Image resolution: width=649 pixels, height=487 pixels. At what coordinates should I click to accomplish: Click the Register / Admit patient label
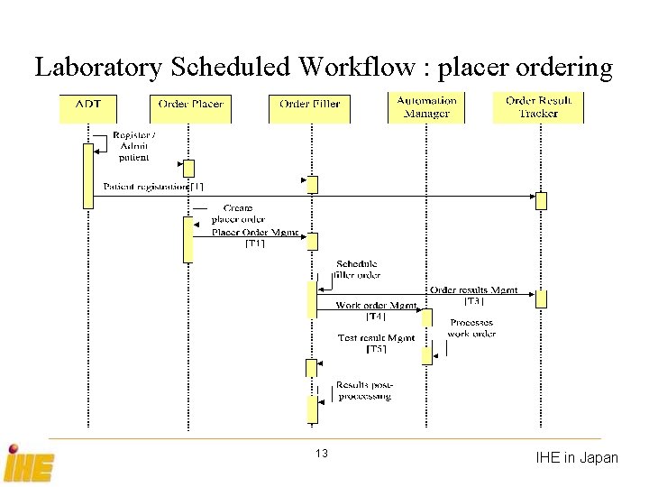133,145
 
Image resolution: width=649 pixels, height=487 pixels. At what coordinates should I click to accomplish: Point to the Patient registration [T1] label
153,187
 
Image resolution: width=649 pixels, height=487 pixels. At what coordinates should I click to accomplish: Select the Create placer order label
238,213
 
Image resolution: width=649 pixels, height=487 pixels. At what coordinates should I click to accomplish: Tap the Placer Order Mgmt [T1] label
255,237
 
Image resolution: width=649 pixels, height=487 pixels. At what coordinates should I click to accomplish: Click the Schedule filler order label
357,270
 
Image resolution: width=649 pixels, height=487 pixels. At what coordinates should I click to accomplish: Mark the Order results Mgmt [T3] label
473,295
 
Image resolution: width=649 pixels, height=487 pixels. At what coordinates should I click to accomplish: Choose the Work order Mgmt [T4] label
376,310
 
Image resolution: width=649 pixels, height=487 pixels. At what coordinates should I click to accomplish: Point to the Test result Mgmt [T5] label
376,343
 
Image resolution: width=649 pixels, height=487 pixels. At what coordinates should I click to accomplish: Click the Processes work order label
471,328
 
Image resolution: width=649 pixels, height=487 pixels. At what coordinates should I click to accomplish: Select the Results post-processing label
364,391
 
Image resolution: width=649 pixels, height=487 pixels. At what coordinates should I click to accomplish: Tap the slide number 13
322,454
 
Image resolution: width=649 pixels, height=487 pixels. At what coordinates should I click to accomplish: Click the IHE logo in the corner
29,464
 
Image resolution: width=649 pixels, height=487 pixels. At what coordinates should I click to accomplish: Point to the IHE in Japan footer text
577,458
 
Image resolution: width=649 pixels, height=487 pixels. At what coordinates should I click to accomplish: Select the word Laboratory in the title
96,67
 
